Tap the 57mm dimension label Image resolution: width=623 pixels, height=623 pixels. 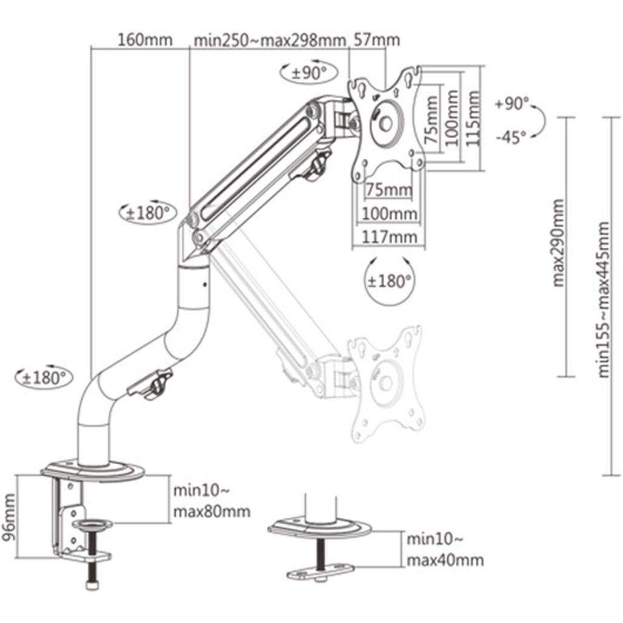tap(376, 41)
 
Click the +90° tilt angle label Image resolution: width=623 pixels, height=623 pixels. tap(511, 104)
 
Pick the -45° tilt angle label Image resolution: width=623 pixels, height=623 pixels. tap(511, 137)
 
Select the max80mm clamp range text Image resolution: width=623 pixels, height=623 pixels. tap(212, 511)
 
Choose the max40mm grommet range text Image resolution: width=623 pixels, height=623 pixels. tap(445, 560)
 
